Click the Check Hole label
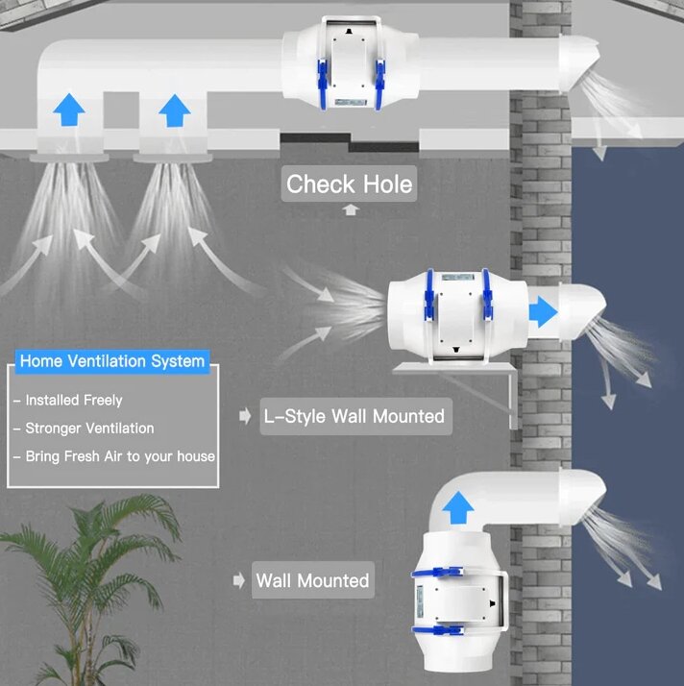click(x=349, y=184)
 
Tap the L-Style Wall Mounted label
click(x=354, y=416)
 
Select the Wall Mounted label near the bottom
click(x=312, y=580)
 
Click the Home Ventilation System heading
click(x=112, y=361)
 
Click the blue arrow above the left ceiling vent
click(x=68, y=111)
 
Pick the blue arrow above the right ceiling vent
click(x=174, y=111)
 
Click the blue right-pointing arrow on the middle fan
click(x=543, y=310)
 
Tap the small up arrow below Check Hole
click(x=350, y=209)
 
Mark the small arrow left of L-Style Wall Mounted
click(x=245, y=416)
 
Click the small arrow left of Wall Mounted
click(x=239, y=580)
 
